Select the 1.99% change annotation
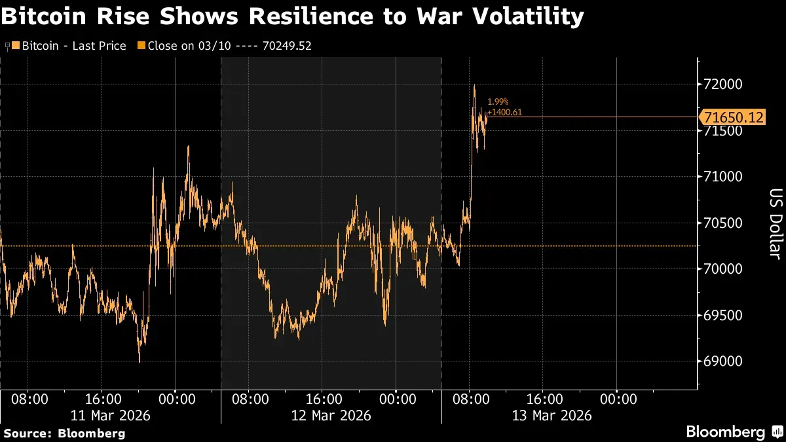pos(498,102)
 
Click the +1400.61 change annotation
pos(505,113)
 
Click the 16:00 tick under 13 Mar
pos(545,398)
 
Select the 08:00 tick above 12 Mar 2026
pos(250,398)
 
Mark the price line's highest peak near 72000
pos(474,85)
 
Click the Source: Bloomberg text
pos(64,433)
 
